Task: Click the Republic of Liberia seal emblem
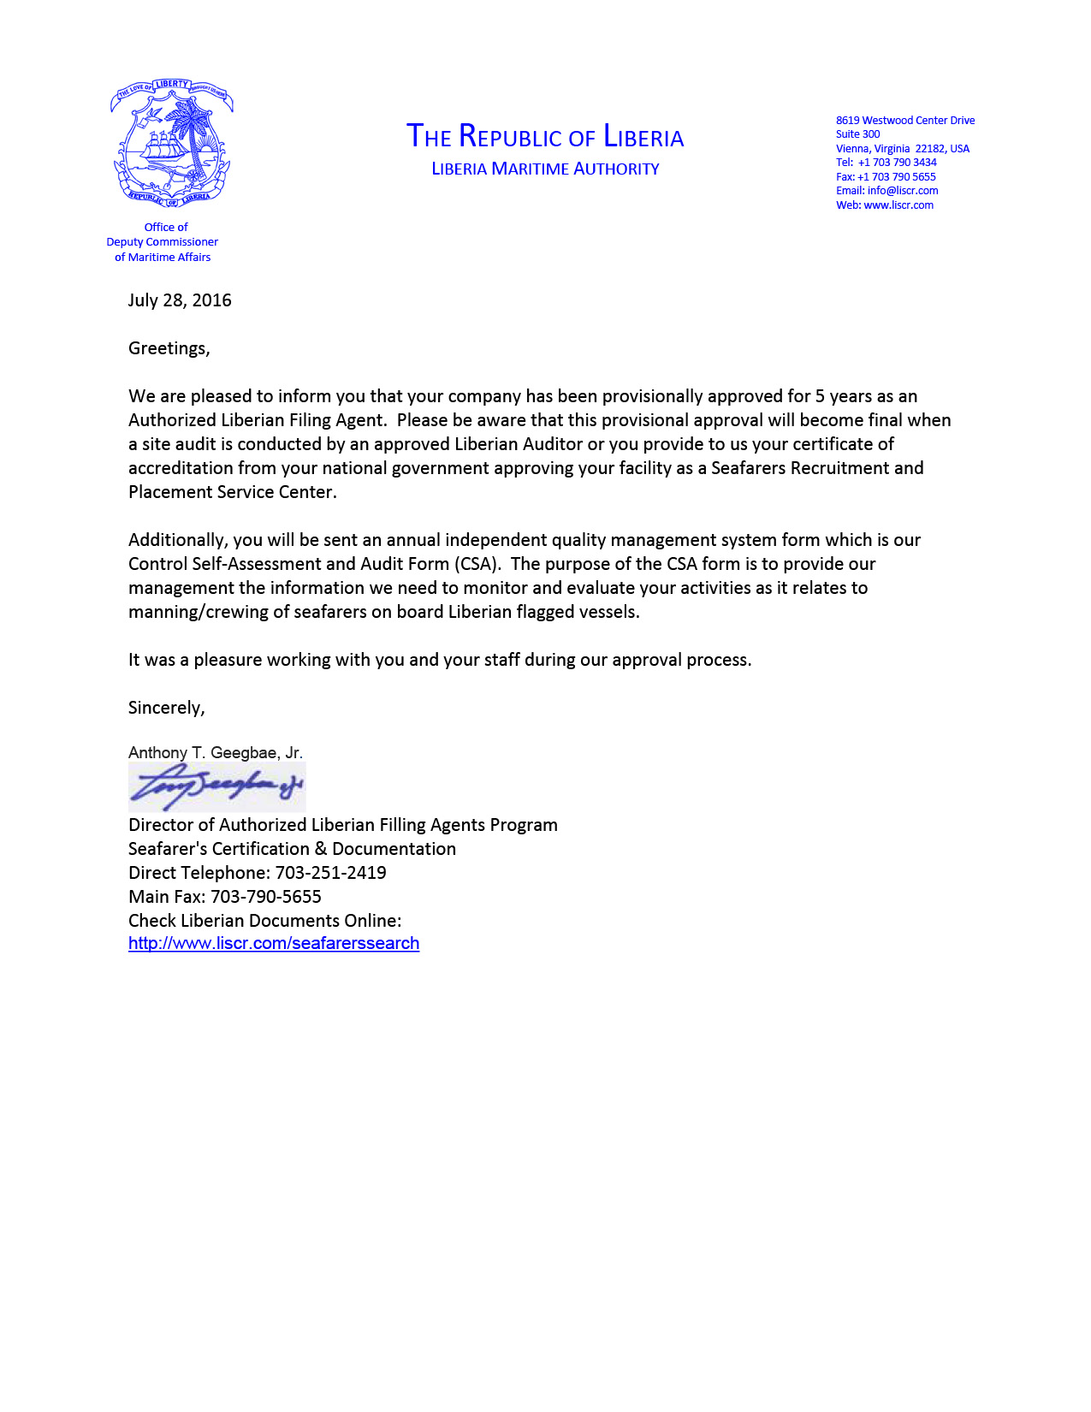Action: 171,143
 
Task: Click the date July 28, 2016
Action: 180,300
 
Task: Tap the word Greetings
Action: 168,348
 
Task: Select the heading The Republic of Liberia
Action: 545,137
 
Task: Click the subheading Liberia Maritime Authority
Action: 545,169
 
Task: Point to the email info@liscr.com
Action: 902,191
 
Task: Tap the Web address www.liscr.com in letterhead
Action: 898,205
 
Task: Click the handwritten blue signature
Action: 216,786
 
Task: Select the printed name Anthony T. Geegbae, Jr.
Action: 216,753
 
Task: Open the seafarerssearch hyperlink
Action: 274,943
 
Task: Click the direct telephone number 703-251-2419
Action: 330,873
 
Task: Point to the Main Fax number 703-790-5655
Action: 266,897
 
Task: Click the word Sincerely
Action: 166,708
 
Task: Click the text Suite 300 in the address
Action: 857,134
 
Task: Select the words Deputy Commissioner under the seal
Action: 162,242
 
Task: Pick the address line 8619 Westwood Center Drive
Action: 905,121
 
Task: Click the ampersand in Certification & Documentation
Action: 321,849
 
